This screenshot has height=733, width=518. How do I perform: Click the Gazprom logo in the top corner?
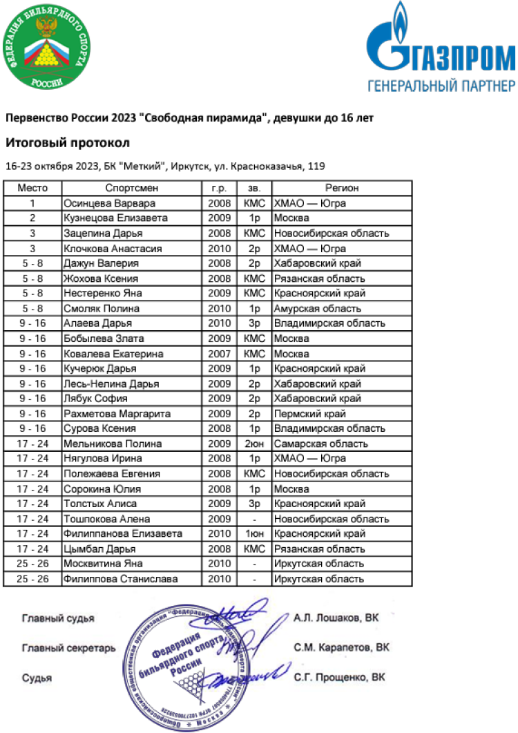(x=440, y=48)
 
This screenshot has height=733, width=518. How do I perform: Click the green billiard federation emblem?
(x=46, y=47)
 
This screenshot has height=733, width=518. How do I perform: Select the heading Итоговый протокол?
(x=67, y=144)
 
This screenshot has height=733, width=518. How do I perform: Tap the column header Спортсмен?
(x=132, y=188)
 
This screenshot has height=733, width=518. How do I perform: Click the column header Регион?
(x=342, y=188)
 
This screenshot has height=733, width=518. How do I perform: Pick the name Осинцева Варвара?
(x=109, y=203)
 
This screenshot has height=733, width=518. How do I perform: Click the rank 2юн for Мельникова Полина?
(x=254, y=444)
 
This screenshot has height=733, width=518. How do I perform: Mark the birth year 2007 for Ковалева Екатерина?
(x=219, y=353)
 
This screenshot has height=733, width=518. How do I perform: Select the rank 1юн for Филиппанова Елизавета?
(x=254, y=533)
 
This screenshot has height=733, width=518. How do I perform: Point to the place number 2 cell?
(x=32, y=218)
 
